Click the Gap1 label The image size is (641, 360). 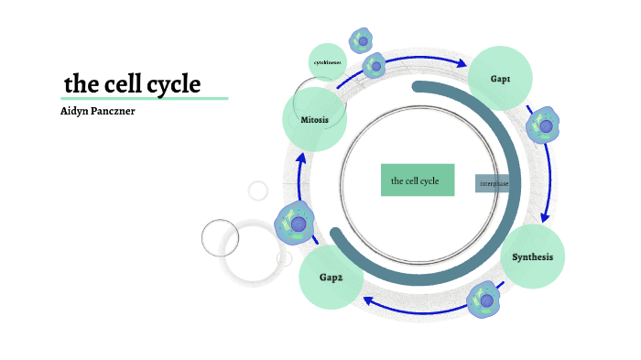point(501,80)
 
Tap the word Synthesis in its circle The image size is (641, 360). point(532,256)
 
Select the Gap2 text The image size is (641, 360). point(331,277)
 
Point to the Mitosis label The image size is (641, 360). point(314,119)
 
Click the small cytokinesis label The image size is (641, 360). point(327,62)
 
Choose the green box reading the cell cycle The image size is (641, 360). point(418,180)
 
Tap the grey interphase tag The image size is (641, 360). point(494,183)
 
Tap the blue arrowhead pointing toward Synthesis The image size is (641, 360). point(546,218)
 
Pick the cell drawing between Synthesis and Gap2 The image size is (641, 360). point(483,299)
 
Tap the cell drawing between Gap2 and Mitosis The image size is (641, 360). point(296,224)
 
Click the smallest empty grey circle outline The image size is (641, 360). point(258,191)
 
